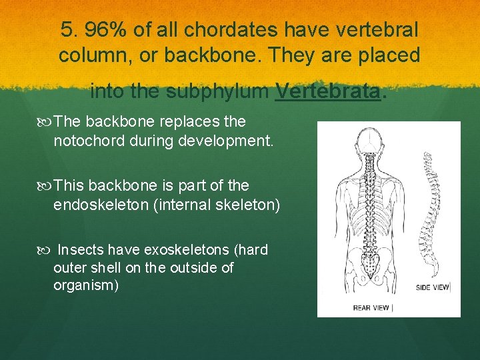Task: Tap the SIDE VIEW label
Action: (x=432, y=287)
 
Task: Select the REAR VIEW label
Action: (x=372, y=307)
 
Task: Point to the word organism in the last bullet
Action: (x=83, y=285)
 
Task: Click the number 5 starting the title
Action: (x=65, y=30)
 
